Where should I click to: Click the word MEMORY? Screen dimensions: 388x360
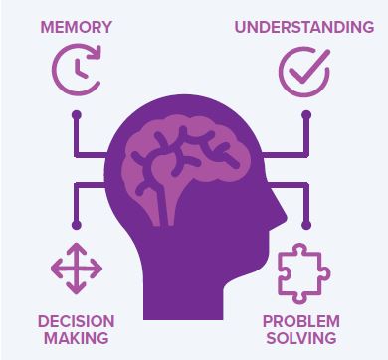click(76, 25)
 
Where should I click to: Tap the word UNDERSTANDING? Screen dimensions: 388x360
click(304, 25)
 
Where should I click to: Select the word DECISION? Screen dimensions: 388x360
click(76, 321)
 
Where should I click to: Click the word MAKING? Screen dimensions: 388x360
click(76, 339)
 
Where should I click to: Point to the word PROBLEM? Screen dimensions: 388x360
click(301, 321)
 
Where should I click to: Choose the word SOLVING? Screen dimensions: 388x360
click(301, 339)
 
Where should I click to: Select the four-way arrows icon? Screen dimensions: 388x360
click(77, 268)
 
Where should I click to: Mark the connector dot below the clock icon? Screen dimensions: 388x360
click(76, 115)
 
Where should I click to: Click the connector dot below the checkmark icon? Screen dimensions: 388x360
click(306, 115)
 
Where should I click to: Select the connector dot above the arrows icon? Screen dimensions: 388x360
click(76, 225)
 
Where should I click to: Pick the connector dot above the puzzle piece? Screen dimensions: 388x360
click(306, 225)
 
